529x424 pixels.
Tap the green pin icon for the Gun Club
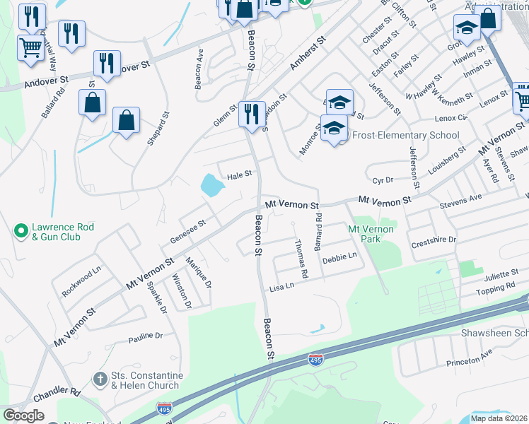coord(21,230)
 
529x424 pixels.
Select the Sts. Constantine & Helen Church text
coord(147,380)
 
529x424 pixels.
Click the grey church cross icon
coord(100,379)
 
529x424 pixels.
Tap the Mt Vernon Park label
coord(369,234)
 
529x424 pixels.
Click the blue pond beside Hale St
coord(212,186)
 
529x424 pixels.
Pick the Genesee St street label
coord(187,232)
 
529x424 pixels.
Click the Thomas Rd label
coord(301,258)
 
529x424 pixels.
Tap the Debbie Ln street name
coord(339,259)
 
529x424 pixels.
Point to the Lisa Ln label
coord(281,288)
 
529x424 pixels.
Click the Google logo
coord(23,416)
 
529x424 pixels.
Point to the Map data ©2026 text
coord(499,418)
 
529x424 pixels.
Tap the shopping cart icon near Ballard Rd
coord(30,48)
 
